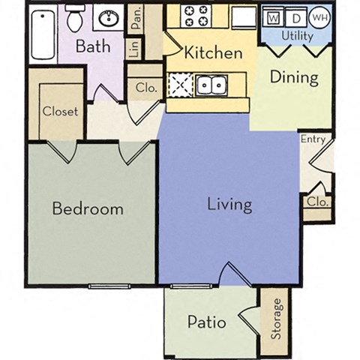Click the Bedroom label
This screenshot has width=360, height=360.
click(88, 208)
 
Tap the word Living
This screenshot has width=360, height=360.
click(229, 204)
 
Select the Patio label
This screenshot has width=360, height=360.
click(207, 322)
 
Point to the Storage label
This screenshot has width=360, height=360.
click(277, 319)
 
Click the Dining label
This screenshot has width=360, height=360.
click(294, 76)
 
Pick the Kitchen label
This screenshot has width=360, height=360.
click(213, 52)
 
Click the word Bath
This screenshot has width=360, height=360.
click(94, 46)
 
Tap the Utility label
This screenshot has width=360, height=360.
click(297, 35)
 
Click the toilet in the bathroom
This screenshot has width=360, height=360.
click(75, 17)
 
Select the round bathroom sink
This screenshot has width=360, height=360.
click(110, 16)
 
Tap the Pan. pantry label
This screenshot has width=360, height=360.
click(136, 18)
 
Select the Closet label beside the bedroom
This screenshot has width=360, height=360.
click(60, 111)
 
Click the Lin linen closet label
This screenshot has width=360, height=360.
click(135, 49)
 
